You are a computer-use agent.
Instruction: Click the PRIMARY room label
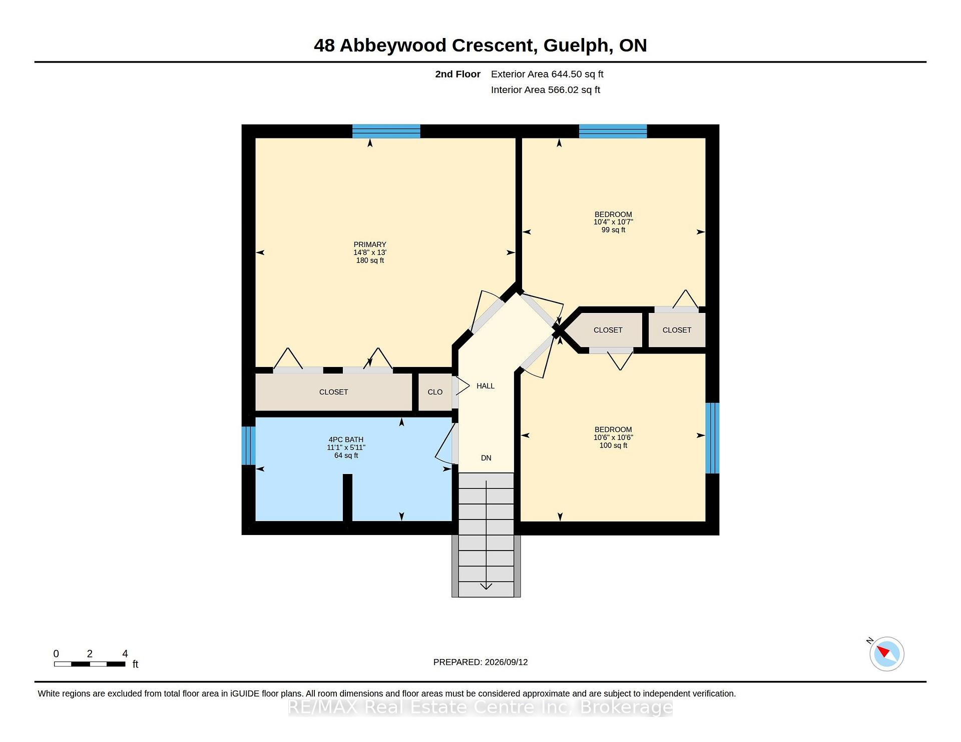pos(370,244)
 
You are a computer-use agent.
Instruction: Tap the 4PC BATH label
pos(346,439)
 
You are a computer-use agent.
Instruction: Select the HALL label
pos(486,386)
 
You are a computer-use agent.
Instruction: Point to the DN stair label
pos(486,458)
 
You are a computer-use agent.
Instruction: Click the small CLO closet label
pos(435,392)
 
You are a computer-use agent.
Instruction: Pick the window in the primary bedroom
pos(386,131)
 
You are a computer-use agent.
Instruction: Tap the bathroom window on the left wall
pos(248,445)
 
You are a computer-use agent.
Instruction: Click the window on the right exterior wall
pos(712,438)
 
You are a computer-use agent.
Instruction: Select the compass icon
pos(886,653)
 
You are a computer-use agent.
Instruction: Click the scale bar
pos(90,664)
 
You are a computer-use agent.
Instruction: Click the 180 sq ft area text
pos(370,260)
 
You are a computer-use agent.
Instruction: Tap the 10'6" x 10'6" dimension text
pos(613,437)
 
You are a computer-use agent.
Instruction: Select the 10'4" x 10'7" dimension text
pos(613,222)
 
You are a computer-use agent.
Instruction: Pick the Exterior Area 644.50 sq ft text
pos(547,74)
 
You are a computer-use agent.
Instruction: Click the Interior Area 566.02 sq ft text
pos(546,90)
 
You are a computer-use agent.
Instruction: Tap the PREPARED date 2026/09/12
pos(506,662)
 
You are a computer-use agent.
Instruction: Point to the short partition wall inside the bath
pos(347,498)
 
